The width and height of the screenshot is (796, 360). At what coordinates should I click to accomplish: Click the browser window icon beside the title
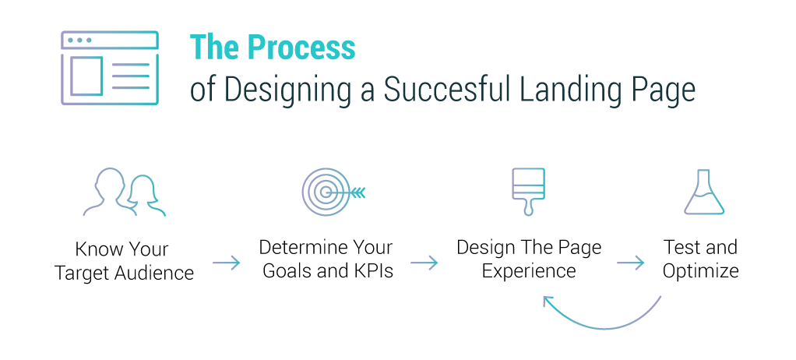(x=110, y=68)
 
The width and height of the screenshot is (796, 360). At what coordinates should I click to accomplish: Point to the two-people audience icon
(x=125, y=192)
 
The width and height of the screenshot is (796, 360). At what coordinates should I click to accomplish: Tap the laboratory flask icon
(x=703, y=192)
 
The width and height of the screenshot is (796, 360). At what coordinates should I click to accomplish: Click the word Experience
(x=529, y=271)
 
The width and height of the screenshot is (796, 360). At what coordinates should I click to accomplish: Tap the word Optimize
(x=700, y=271)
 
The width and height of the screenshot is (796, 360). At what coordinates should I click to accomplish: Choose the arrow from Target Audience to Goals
(x=226, y=263)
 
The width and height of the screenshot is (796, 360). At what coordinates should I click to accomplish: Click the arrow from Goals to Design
(x=424, y=263)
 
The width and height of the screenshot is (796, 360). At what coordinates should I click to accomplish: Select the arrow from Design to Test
(x=630, y=263)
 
